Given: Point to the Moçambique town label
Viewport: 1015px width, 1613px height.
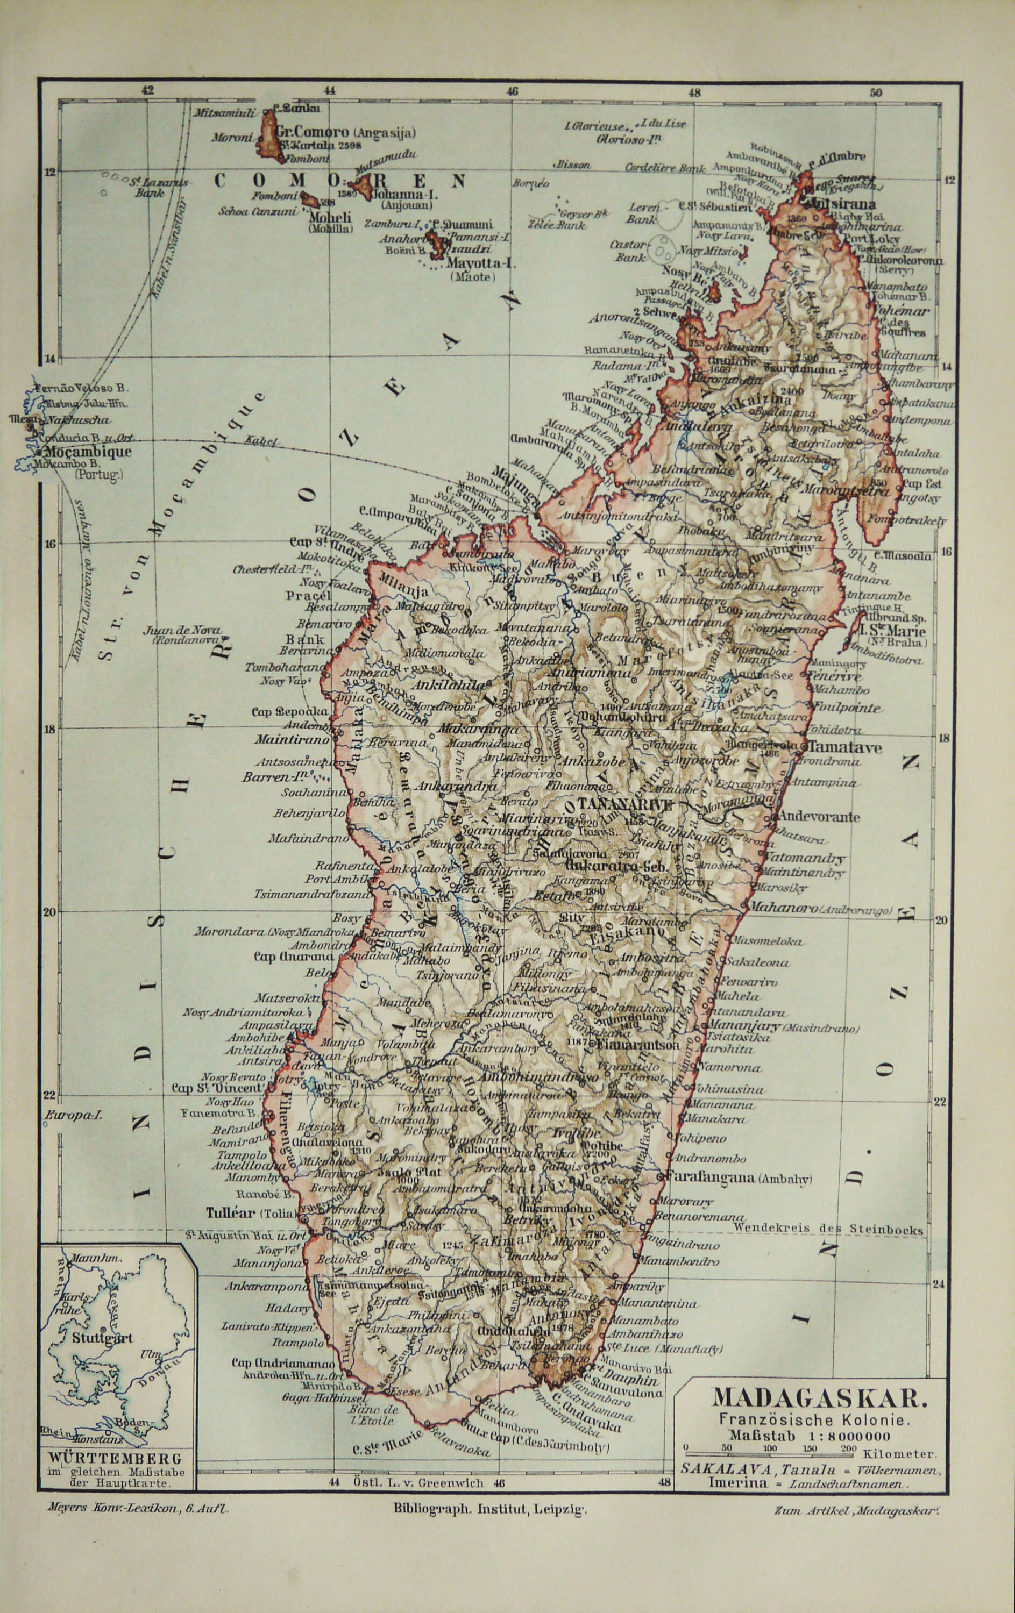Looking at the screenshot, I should coord(88,452).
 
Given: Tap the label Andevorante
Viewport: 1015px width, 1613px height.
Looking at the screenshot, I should coord(817,817).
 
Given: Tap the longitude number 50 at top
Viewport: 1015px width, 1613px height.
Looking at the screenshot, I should coord(875,93).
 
